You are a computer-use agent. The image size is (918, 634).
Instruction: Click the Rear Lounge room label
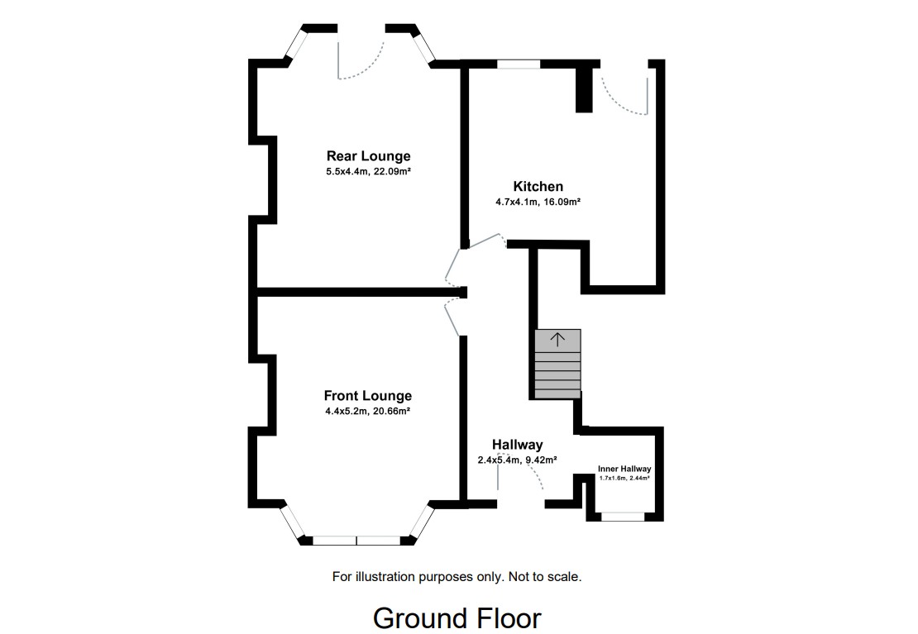point(368,156)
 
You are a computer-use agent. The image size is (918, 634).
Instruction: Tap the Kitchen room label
point(538,187)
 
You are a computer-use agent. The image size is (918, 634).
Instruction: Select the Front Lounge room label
point(367,396)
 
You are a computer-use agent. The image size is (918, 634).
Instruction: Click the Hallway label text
point(517,445)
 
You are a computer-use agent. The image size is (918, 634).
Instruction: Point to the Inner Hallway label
point(624,469)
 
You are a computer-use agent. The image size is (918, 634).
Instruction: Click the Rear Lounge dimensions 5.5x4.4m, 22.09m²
point(368,172)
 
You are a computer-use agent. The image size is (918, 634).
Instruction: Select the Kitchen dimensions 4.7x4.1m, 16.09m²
point(537,202)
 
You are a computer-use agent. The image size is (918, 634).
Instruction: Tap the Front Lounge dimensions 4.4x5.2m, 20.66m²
point(367,411)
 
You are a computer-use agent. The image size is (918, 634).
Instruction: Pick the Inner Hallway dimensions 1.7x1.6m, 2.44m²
point(624,478)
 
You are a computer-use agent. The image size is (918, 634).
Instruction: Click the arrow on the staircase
point(557,339)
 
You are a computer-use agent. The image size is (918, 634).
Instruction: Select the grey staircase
point(557,365)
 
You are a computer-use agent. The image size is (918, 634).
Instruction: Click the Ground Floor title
point(457,617)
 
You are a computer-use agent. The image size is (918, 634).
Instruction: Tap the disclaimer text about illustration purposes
point(457,576)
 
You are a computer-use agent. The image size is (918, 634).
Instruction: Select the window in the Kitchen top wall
point(519,63)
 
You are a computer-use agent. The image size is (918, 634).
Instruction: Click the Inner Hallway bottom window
point(622,517)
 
